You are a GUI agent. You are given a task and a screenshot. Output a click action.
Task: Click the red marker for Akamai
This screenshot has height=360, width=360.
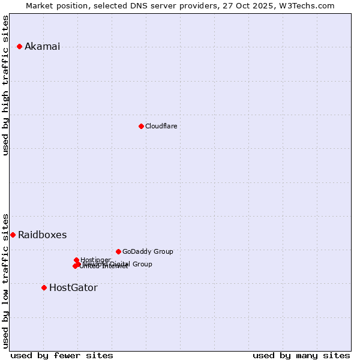(20, 46)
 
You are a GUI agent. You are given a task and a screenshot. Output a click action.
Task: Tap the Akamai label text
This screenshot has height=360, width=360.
(42, 47)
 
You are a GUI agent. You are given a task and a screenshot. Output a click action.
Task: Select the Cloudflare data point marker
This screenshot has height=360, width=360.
(141, 126)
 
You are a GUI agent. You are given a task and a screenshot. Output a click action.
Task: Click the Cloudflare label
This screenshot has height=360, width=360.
(161, 126)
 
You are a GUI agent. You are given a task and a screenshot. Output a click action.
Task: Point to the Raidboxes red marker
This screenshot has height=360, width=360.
(13, 235)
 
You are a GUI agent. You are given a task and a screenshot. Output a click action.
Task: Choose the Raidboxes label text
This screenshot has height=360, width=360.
(42, 235)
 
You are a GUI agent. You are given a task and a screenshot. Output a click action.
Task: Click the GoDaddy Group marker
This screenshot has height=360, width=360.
(118, 251)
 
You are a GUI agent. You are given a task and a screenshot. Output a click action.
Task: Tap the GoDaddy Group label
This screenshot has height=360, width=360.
(148, 252)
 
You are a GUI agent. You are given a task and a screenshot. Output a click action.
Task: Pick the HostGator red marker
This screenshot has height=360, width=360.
(44, 287)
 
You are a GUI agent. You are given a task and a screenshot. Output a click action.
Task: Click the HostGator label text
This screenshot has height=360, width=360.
(73, 288)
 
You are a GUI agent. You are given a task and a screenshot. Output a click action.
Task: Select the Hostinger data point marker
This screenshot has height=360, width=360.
(76, 260)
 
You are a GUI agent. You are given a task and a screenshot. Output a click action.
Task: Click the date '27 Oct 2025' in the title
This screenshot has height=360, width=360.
(260, 5)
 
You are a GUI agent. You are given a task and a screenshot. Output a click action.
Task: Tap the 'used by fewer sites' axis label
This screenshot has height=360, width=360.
(62, 355)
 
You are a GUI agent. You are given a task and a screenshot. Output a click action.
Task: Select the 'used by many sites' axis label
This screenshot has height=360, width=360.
(301, 355)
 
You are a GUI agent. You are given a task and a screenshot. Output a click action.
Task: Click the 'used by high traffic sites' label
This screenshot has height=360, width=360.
(6, 85)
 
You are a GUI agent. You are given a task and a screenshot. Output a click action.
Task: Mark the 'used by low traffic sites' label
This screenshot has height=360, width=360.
(6, 280)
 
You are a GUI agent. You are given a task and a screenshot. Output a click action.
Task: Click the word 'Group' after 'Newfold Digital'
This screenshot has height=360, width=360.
(142, 264)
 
